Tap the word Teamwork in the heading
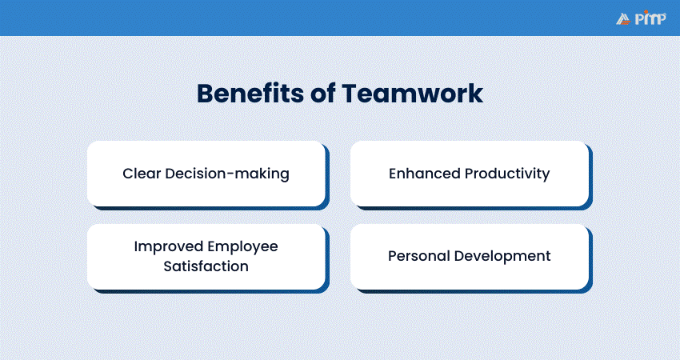412,94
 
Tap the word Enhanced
424,174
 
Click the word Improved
168,246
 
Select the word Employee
242,246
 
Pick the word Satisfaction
206,266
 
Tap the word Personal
418,256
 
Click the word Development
502,256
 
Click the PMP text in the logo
650,18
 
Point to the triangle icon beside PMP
624,19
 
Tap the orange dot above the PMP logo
646,12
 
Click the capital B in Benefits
205,94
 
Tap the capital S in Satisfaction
168,266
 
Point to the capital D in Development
459,256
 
